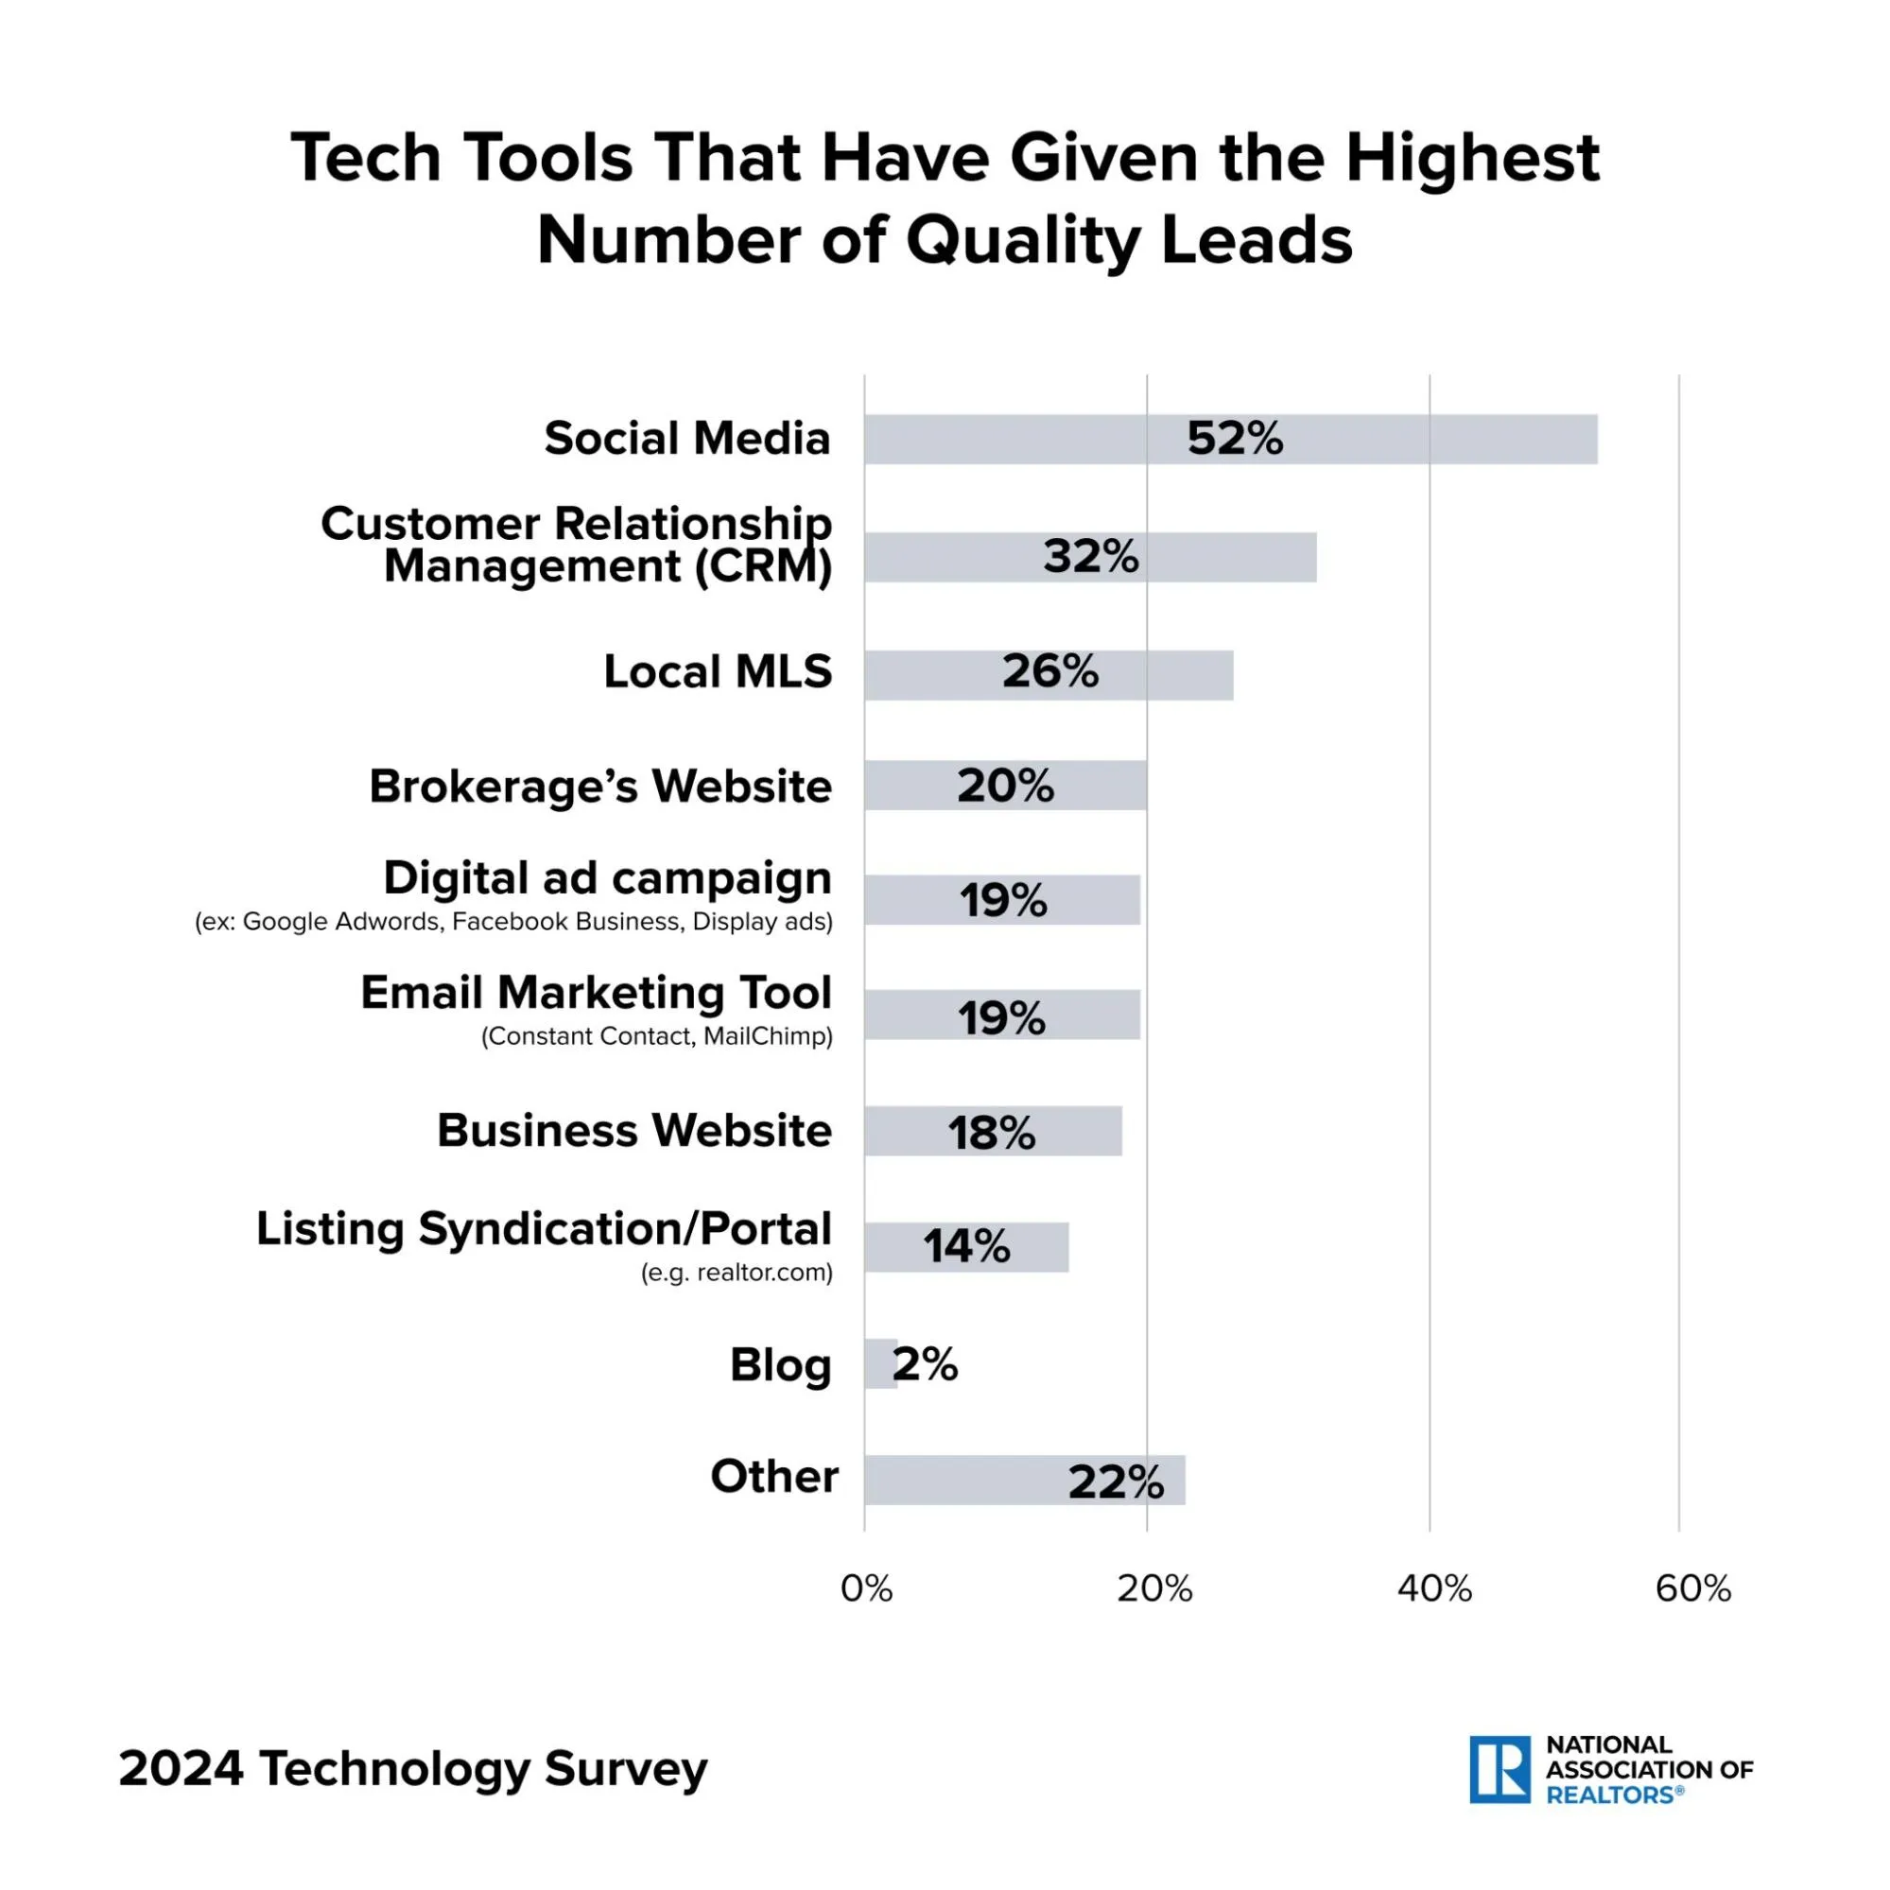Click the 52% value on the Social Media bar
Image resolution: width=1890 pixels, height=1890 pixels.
[1235, 439]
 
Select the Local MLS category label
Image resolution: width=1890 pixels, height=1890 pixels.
[717, 672]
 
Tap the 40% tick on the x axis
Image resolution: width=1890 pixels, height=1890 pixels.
[1434, 1588]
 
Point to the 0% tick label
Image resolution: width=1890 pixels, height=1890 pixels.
[866, 1588]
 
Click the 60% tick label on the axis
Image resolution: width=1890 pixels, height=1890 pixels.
[1692, 1588]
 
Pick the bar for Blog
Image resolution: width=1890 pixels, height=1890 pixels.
[879, 1363]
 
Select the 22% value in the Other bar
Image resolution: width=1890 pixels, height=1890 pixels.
[1116, 1483]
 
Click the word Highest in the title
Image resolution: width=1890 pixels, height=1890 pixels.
[1472, 159]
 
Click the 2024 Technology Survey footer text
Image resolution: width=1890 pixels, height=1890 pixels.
[413, 1769]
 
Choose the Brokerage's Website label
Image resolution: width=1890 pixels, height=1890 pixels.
[599, 787]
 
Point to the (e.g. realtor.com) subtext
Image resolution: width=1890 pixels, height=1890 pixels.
[737, 1273]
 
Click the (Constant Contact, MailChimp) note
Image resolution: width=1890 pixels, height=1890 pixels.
[656, 1036]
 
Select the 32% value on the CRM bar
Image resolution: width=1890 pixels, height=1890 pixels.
[1091, 557]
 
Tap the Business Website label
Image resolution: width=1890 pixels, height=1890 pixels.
[633, 1131]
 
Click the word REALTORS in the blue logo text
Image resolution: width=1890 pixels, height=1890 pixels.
[1609, 1795]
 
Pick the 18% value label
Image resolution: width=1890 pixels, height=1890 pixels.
[991, 1133]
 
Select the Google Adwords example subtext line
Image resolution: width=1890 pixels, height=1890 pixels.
[513, 922]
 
